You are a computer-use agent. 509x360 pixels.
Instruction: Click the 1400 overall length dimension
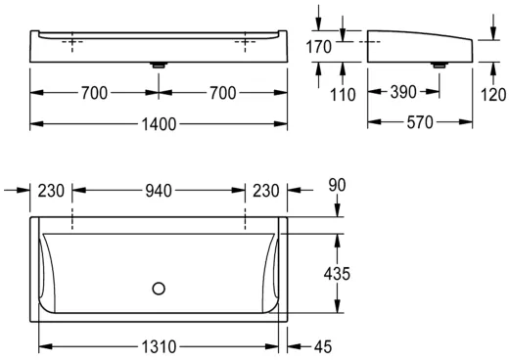click(159, 124)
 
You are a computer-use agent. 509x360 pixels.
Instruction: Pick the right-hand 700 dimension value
click(222, 94)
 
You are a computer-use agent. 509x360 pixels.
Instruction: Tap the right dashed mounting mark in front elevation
click(244, 43)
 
